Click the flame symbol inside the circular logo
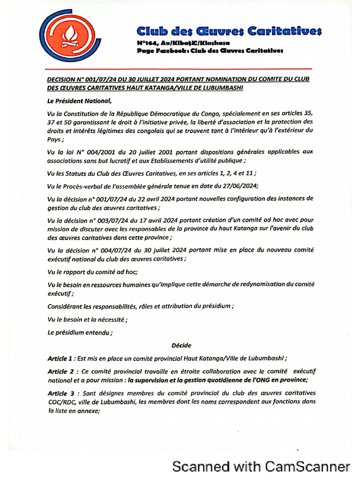click(71, 38)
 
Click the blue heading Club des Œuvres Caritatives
click(229, 31)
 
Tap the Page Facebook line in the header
click(210, 51)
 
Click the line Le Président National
click(79, 100)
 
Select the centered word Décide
click(181, 345)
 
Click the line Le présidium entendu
click(80, 333)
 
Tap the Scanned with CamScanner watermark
click(261, 466)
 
